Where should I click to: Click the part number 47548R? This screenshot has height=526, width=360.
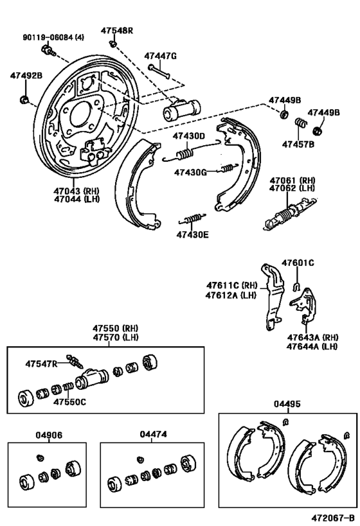pos(116,30)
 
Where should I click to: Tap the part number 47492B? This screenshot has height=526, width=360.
pos(26,76)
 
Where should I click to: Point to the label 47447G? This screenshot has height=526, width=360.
pos(159,56)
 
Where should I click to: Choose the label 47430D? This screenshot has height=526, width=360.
pos(188,136)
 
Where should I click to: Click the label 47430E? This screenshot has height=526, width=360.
pos(192,234)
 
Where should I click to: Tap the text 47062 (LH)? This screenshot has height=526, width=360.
pos(292,190)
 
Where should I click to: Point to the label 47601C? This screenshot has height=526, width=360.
pos(298,262)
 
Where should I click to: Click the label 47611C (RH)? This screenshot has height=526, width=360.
pos(228,285)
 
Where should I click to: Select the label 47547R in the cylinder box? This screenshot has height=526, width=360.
pos(41,364)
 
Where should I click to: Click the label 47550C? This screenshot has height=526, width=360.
pos(69,403)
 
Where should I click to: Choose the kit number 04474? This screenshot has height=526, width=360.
pos(153,435)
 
